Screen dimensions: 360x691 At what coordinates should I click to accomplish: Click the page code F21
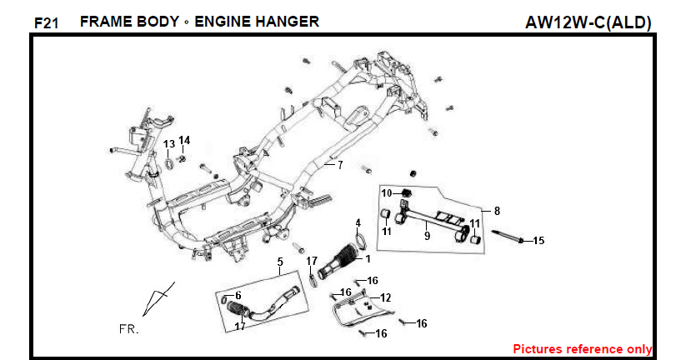(46, 23)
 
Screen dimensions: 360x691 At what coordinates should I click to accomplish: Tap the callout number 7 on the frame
(339, 165)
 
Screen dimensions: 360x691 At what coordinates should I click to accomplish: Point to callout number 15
(538, 241)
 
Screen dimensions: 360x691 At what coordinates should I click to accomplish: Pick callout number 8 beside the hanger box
(497, 211)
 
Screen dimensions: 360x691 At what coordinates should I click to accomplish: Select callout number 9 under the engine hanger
(427, 236)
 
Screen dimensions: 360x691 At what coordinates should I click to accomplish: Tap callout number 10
(386, 193)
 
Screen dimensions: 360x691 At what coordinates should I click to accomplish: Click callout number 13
(168, 144)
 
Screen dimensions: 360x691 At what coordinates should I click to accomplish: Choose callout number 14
(184, 140)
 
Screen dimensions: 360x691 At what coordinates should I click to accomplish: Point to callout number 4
(358, 223)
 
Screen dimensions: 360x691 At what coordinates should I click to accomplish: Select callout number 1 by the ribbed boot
(368, 259)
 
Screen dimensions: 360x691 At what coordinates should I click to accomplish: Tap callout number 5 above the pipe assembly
(280, 262)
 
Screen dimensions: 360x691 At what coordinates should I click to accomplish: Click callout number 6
(238, 295)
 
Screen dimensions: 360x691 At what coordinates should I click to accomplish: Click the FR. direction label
(128, 329)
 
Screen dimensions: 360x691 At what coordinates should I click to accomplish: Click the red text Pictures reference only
(582, 349)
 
